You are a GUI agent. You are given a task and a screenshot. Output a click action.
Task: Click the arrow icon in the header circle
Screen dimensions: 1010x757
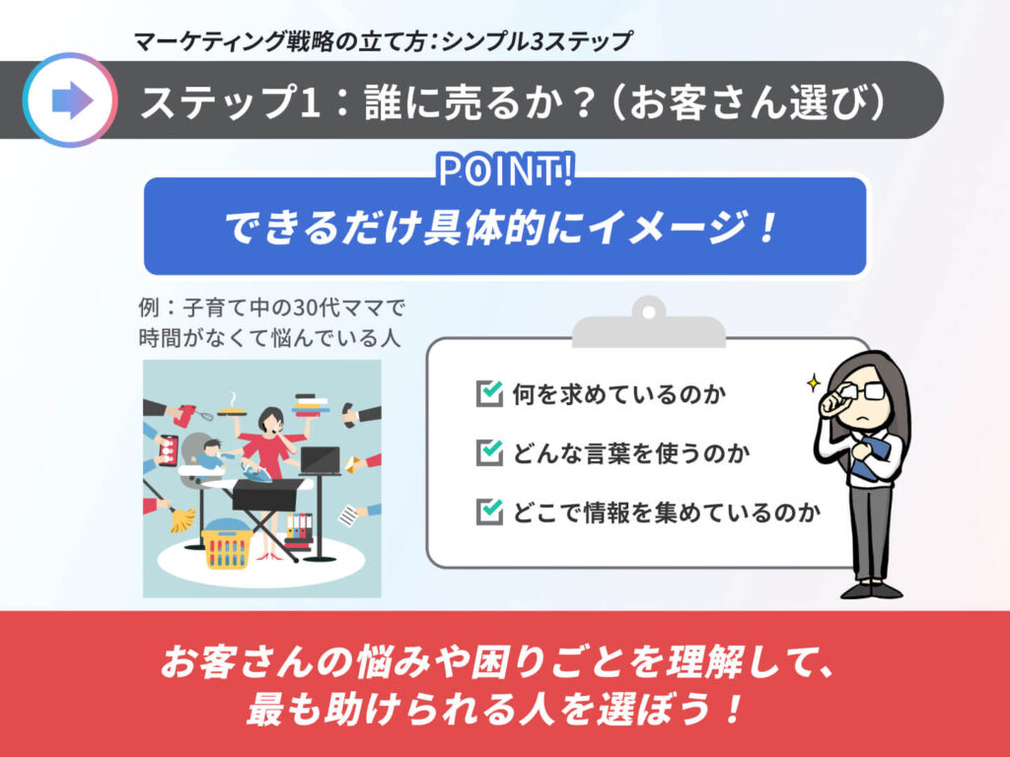72,101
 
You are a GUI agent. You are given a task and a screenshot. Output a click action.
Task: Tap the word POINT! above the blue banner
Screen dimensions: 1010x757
505,171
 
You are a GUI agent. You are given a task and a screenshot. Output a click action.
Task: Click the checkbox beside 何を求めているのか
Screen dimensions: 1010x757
489,393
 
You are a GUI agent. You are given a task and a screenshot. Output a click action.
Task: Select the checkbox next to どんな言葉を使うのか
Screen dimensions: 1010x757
489,451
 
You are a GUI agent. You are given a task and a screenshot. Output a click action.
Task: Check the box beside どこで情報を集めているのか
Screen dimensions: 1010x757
489,512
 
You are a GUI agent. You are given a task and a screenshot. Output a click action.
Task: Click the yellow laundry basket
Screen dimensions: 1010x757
226,546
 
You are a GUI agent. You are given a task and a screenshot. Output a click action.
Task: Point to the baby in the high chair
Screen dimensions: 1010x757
209,453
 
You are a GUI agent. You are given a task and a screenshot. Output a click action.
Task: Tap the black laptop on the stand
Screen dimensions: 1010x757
321,460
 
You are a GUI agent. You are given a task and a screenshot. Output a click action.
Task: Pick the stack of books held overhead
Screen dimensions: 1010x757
311,405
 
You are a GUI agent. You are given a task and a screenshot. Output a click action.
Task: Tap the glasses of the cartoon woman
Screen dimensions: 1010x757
864,391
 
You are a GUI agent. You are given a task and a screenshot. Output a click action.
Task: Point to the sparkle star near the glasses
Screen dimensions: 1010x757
814,383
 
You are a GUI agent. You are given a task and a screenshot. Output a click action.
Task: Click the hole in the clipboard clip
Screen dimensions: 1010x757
649,312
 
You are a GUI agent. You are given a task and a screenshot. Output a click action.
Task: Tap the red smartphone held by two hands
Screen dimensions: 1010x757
168,449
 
